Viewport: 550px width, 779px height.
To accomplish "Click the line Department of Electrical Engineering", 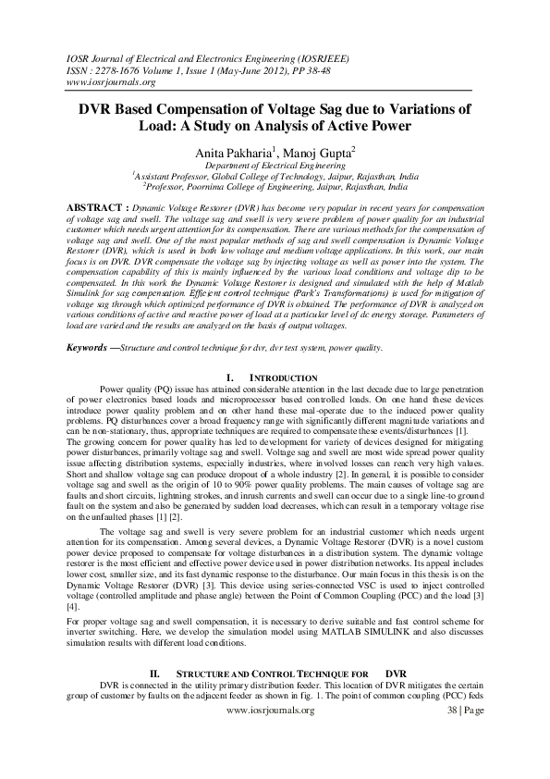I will point(275,164).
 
